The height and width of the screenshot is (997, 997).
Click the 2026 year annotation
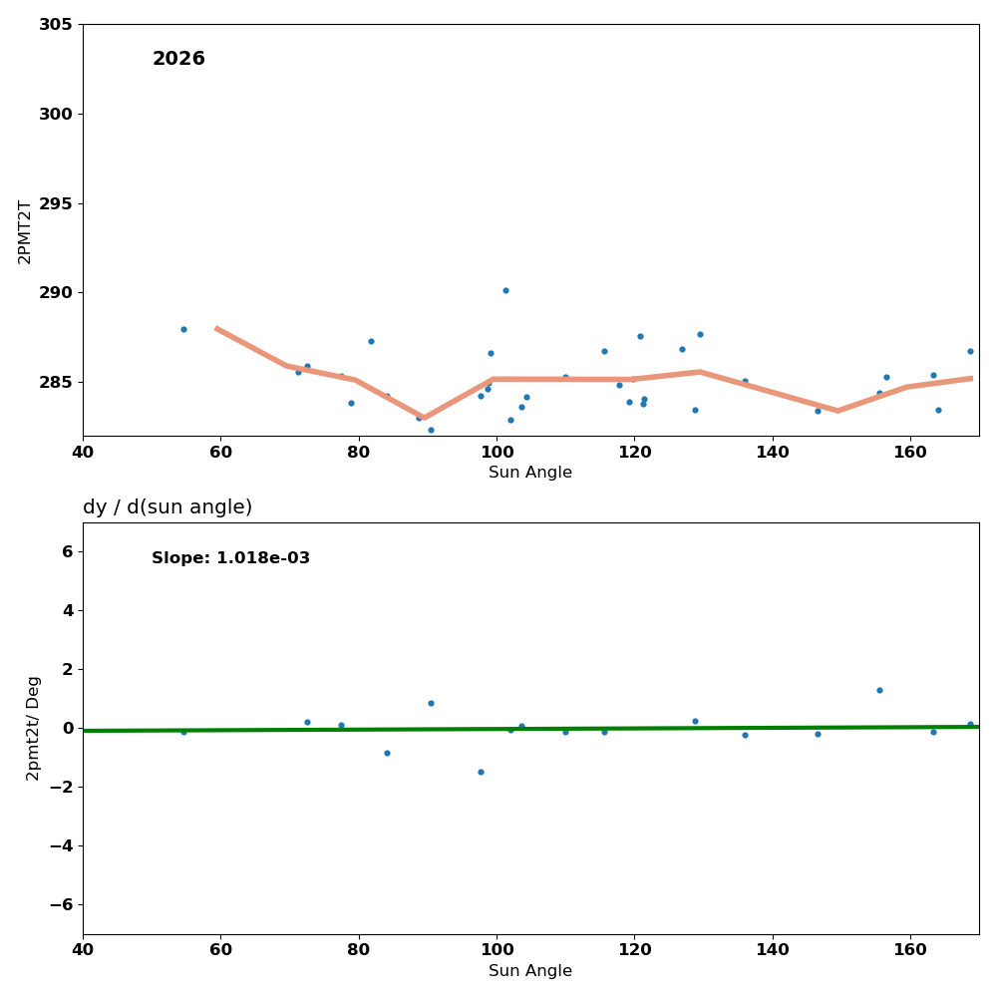click(178, 59)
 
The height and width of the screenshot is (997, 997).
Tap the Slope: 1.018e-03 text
click(230, 558)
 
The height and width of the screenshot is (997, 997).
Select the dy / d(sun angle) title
click(167, 507)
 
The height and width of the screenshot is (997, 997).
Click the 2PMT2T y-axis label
click(25, 231)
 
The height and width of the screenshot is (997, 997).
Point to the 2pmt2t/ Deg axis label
click(33, 728)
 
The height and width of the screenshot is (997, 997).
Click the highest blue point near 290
click(505, 290)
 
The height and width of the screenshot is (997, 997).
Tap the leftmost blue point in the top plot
click(183, 329)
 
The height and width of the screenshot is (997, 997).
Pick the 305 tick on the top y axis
click(56, 24)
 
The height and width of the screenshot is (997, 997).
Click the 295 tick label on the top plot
click(56, 203)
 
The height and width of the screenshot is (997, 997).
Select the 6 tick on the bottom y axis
click(67, 551)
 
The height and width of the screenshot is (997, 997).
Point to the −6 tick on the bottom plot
click(61, 904)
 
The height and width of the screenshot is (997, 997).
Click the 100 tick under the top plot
click(496, 451)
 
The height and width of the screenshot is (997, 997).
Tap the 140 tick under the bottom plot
click(772, 949)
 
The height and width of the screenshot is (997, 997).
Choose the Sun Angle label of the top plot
click(530, 473)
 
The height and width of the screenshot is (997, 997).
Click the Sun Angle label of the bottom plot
click(530, 971)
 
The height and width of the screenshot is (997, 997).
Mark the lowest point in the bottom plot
click(481, 772)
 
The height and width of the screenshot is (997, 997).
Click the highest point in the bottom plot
click(879, 690)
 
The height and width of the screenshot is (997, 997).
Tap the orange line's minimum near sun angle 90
click(424, 418)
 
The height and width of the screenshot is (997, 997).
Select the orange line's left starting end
click(216, 328)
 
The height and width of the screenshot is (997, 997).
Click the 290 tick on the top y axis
click(56, 293)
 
